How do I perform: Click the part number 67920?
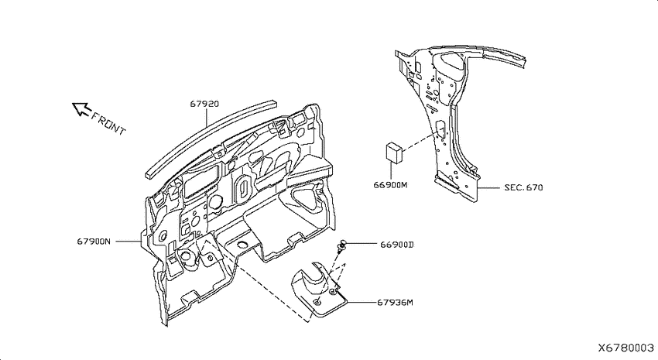[x=204, y=104]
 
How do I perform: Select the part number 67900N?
[x=94, y=242]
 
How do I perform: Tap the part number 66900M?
[x=390, y=184]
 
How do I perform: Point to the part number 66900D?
[x=397, y=244]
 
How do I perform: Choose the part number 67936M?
[x=395, y=302]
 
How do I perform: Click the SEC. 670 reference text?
[x=524, y=187]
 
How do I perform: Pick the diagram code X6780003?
[x=625, y=348]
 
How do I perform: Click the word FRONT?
[x=108, y=123]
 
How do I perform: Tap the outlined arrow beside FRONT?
[x=81, y=109]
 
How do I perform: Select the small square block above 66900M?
[x=395, y=152]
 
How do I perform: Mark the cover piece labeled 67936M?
[x=320, y=289]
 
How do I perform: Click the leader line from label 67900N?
[x=128, y=242]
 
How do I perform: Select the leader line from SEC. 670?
[x=488, y=187]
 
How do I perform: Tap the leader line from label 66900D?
[x=362, y=243]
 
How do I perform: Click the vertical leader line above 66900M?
[x=391, y=170]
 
